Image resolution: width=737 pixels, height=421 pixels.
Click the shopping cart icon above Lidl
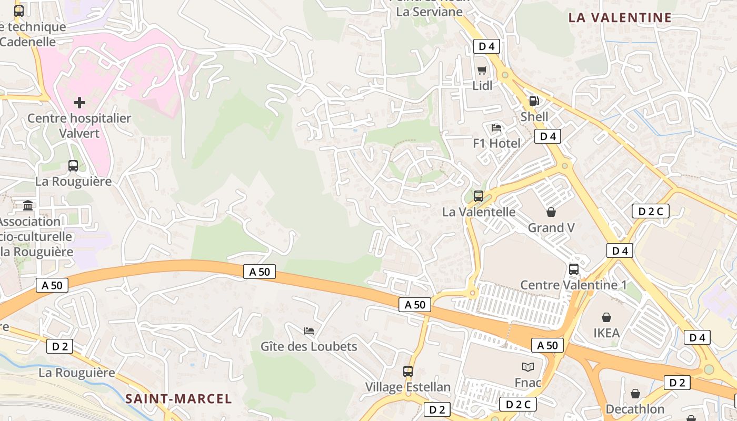482,70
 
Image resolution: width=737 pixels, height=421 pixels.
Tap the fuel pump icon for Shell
534,101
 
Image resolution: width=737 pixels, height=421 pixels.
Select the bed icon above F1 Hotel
496,127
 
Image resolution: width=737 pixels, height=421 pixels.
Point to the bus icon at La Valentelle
479,196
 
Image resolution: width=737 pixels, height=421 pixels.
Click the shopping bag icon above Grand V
551,212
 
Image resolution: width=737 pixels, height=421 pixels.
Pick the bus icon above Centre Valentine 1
574,269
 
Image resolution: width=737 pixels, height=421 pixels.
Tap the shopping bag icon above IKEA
606,317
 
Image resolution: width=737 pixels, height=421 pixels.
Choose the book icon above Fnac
527,367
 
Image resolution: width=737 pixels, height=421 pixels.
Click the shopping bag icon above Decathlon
635,394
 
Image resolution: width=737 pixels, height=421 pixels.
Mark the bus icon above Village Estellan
408,371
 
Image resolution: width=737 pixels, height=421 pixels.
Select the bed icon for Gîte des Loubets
309,331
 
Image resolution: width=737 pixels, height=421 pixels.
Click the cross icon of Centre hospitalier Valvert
79,102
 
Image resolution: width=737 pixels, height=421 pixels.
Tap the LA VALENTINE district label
620,17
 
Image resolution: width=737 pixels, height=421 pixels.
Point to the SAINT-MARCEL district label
178,399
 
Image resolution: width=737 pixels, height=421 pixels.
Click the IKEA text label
606,333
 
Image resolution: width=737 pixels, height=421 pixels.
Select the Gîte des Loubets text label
309,346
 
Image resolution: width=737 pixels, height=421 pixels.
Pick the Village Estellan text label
408,387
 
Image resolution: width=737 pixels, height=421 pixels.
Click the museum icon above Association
28,205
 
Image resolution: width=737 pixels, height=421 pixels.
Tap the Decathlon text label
635,409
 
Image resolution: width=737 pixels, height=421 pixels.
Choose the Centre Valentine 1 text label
574,285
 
